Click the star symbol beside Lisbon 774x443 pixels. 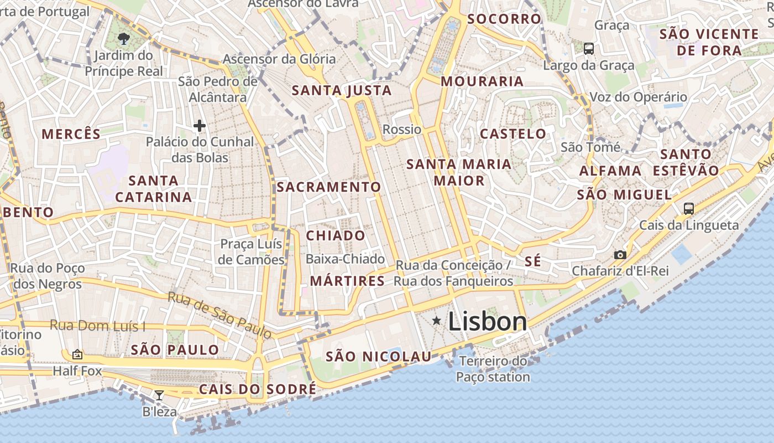tap(437, 321)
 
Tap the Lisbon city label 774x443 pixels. tap(487, 321)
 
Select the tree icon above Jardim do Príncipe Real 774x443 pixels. tap(124, 38)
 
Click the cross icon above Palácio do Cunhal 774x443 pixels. tap(200, 126)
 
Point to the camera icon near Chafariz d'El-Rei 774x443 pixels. tap(620, 255)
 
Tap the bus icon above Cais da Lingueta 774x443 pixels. tap(688, 208)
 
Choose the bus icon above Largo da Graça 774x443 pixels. tap(589, 49)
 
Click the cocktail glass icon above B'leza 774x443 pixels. tap(159, 395)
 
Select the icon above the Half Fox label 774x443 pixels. tap(77, 354)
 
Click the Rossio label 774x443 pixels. tap(402, 130)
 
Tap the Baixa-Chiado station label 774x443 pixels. tap(345, 259)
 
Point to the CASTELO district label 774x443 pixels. tap(513, 133)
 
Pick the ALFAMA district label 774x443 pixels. tap(610, 171)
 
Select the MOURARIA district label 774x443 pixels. tap(482, 81)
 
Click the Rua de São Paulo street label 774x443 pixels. tap(219, 315)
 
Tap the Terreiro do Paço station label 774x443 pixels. tap(493, 369)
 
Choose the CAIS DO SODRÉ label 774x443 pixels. tap(258, 389)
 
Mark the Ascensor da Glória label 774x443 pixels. tap(279, 59)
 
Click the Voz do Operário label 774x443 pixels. tap(638, 97)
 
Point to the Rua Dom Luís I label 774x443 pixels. tap(97, 325)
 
